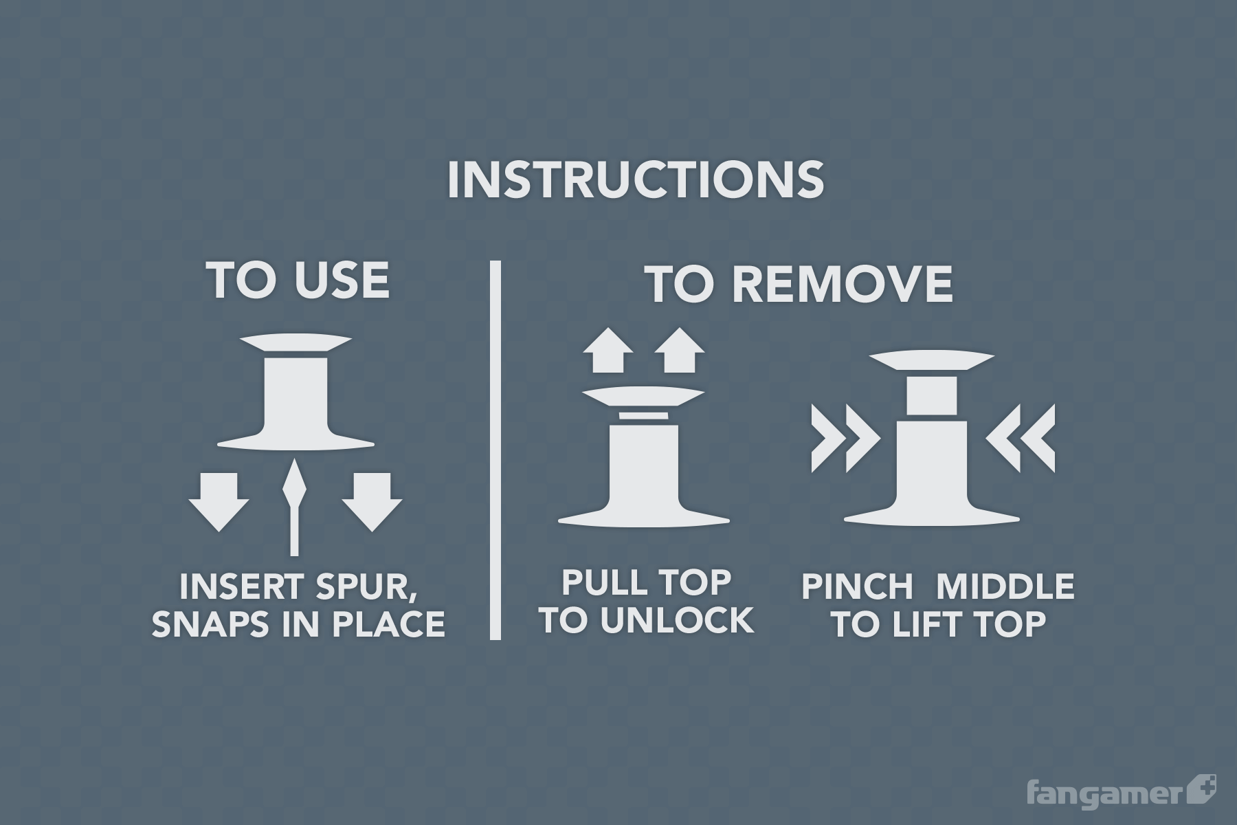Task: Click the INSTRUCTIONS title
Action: pos(635,179)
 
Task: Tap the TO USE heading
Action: pos(298,280)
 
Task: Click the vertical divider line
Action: pos(495,450)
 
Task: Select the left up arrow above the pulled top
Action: pos(608,350)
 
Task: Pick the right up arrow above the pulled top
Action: pos(679,350)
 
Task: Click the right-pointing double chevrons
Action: pos(845,438)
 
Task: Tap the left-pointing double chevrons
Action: pos(1021,438)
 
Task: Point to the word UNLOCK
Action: pos(677,620)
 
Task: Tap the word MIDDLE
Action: pos(1005,587)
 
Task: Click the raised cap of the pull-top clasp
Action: pos(643,396)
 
